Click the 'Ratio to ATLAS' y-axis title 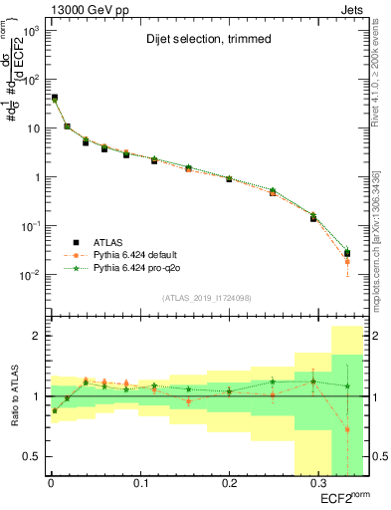13,396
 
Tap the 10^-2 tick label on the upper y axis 30,275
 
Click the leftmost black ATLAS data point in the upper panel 54,98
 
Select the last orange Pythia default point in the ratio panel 347,429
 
